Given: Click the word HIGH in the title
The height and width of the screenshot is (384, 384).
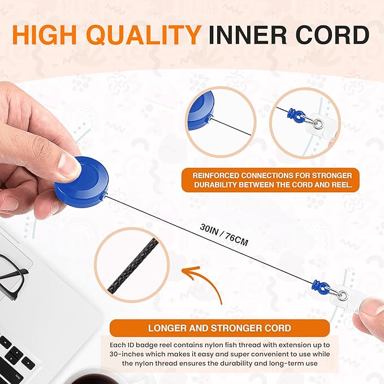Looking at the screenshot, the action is pyautogui.click(x=44, y=34).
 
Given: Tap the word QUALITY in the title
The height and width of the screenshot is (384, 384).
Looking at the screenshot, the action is pyautogui.click(x=144, y=34).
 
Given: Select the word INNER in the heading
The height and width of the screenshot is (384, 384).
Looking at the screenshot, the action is pyautogui.click(x=247, y=34).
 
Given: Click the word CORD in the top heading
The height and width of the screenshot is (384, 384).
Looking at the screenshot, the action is pyautogui.click(x=333, y=34).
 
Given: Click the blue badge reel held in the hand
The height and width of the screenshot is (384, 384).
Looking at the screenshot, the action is pyautogui.click(x=81, y=182).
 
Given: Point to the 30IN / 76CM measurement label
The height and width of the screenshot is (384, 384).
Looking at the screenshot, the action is pyautogui.click(x=224, y=235).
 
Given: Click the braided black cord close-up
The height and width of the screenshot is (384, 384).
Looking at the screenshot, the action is pyautogui.click(x=133, y=266).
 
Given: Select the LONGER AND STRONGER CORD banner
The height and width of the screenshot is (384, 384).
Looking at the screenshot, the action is pyautogui.click(x=219, y=328).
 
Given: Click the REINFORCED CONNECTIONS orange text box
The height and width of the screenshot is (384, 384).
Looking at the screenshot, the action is pyautogui.click(x=270, y=180).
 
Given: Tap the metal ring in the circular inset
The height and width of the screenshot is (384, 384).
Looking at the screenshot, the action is pyautogui.click(x=318, y=124).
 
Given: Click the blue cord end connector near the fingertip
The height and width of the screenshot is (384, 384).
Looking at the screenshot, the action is pyautogui.click(x=320, y=287).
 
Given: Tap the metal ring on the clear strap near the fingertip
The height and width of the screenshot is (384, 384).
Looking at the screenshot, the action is pyautogui.click(x=342, y=296).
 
